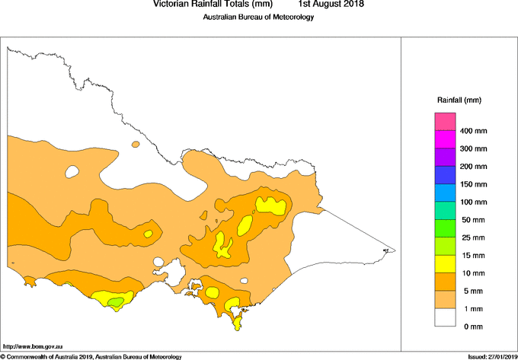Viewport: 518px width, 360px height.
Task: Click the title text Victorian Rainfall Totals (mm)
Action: click(213, 5)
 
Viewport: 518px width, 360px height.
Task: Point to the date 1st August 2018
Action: click(331, 5)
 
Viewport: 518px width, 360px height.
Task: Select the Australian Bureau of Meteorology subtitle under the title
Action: click(258, 18)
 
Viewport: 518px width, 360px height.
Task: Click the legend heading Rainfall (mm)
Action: click(459, 100)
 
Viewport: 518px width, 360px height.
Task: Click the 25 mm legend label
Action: click(474, 237)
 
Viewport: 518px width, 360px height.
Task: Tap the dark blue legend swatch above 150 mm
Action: click(445, 175)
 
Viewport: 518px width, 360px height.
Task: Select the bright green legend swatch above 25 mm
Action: click(445, 228)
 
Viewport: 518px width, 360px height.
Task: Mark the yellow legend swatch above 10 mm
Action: click(445, 264)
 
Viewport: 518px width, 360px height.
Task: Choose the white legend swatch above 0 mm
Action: click(445, 317)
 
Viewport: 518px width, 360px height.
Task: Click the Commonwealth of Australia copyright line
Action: click(91, 356)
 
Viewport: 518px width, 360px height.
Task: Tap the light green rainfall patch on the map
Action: click(115, 303)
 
